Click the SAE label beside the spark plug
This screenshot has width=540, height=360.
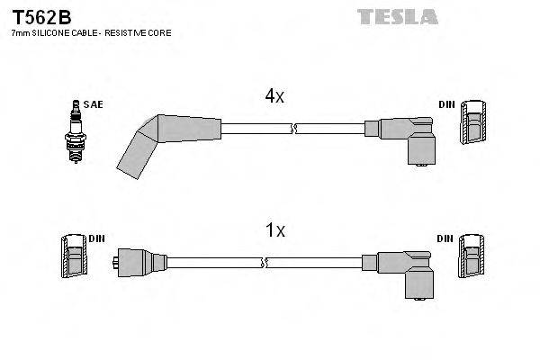click(x=93, y=104)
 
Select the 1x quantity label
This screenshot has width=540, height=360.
click(x=275, y=230)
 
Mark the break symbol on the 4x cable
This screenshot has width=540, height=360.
click(x=293, y=131)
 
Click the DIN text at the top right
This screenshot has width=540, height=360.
click(x=446, y=104)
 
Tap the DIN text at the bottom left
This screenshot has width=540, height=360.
click(x=96, y=238)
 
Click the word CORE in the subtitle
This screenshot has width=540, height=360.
click(x=158, y=32)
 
